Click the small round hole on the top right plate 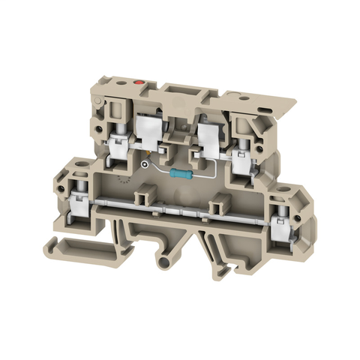click(x=242, y=96)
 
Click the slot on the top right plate click(x=264, y=109)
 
